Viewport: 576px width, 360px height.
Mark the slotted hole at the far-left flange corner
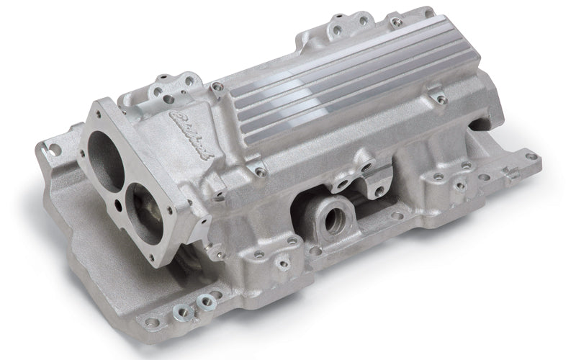52,149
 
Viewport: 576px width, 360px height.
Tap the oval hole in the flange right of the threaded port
395,215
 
